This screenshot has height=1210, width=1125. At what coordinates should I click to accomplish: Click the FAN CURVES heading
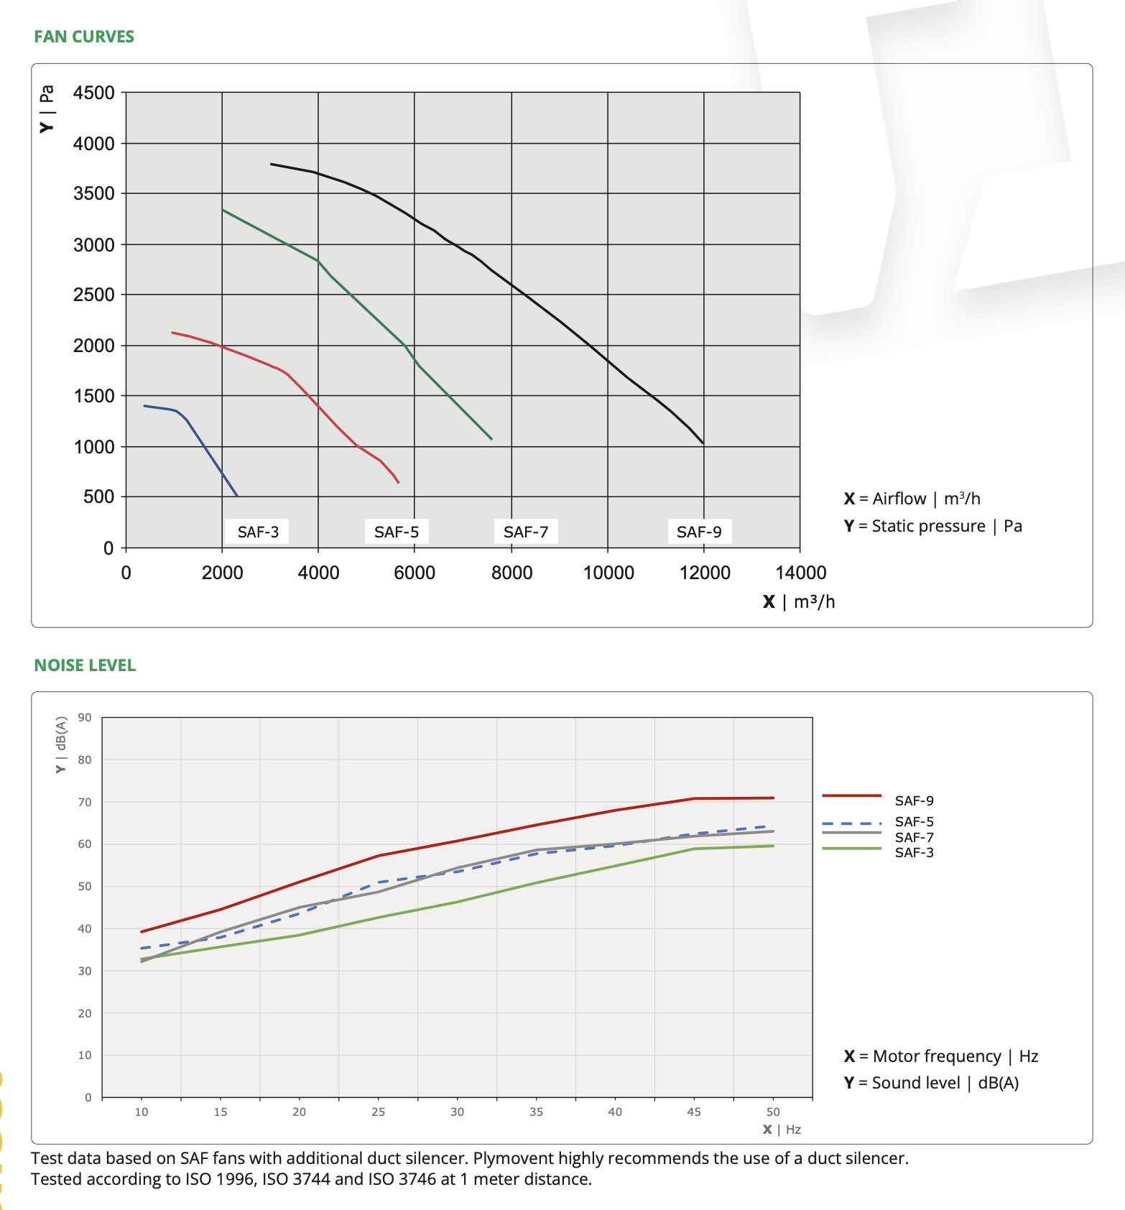click(x=84, y=37)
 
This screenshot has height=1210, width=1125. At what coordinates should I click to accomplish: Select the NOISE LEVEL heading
click(x=85, y=665)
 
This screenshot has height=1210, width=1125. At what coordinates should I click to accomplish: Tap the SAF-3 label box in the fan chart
click(x=258, y=532)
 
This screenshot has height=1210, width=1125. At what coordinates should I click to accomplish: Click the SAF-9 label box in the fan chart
click(x=699, y=532)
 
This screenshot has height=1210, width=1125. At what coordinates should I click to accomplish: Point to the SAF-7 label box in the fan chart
click(x=526, y=532)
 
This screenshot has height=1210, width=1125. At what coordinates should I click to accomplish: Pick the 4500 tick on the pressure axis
click(x=94, y=93)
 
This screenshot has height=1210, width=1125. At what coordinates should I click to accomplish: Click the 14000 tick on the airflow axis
click(x=801, y=573)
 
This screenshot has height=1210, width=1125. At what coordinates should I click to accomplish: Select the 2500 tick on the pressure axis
click(x=94, y=295)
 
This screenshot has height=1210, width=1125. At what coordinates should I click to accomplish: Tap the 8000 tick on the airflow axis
click(x=512, y=573)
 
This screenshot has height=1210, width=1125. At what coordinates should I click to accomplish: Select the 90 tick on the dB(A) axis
click(x=85, y=717)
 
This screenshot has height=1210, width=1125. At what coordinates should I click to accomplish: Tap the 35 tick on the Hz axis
click(x=537, y=1112)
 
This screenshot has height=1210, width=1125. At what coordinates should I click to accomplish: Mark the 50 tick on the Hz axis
click(x=773, y=1112)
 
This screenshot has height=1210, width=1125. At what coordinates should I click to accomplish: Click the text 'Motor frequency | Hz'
click(x=955, y=1056)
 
